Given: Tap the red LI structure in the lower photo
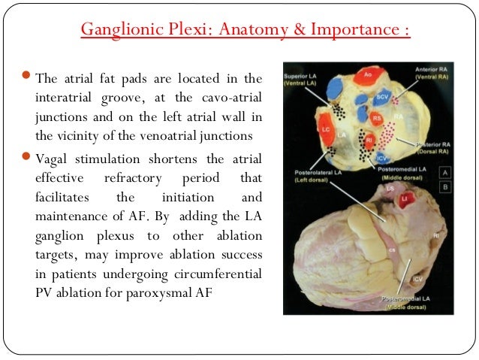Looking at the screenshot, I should click(406, 199).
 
